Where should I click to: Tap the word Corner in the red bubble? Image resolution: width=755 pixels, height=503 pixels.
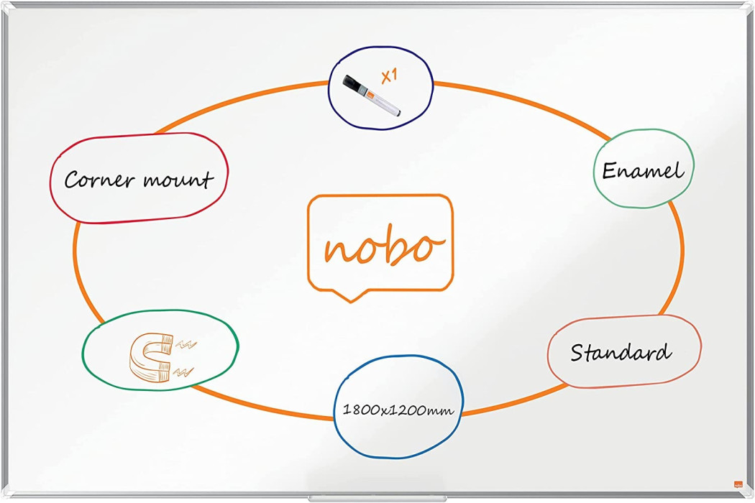click(x=99, y=180)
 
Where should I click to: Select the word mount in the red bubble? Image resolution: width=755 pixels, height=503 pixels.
click(x=178, y=180)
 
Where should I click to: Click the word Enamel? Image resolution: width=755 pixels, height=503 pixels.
click(x=643, y=170)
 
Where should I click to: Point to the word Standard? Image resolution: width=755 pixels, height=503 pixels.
click(x=621, y=352)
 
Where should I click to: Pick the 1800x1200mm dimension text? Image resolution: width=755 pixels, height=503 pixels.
click(x=398, y=410)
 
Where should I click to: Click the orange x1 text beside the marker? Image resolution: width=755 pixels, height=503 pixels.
click(x=388, y=76)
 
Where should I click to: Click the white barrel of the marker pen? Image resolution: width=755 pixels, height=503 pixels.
click(x=383, y=102)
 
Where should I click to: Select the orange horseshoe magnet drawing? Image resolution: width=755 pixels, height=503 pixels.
click(x=150, y=357)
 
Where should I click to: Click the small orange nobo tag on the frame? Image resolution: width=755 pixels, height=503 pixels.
click(x=738, y=484)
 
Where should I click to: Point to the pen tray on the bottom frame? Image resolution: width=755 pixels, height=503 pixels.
click(x=377, y=499)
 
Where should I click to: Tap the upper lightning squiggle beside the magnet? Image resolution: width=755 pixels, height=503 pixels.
click(x=186, y=344)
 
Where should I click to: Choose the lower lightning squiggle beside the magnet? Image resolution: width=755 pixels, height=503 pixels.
click(x=184, y=372)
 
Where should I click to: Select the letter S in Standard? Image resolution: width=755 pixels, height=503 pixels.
click(x=578, y=352)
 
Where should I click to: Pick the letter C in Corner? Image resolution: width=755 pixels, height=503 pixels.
click(x=73, y=180)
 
